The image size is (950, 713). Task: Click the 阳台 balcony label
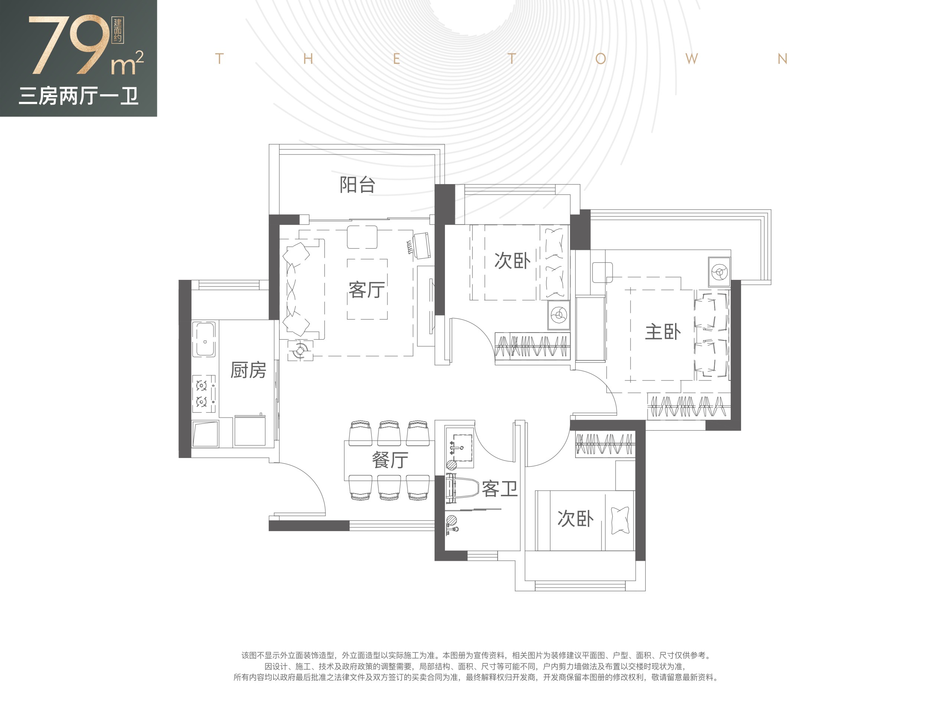click(357, 185)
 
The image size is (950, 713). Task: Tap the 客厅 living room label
click(366, 290)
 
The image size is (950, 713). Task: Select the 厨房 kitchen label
click(248, 370)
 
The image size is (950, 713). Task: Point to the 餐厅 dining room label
click(390, 460)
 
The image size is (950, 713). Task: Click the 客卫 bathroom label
click(499, 489)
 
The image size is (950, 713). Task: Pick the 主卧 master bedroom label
click(663, 331)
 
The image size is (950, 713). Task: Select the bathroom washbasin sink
click(461, 447)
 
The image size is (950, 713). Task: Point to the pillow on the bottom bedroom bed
click(620, 520)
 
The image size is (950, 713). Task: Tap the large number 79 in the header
click(69, 45)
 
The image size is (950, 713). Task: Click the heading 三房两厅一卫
click(79, 96)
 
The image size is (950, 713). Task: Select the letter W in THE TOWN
click(691, 59)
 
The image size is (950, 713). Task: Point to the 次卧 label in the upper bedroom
click(512, 261)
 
